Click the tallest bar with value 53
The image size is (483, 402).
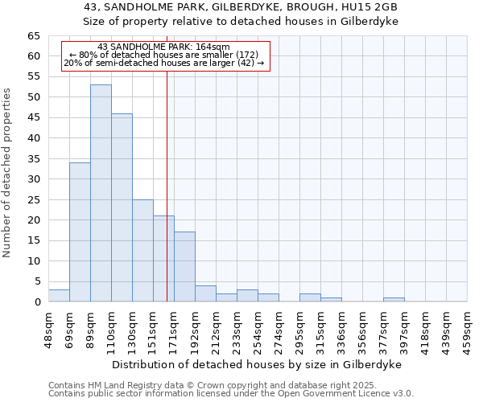coord(101,193)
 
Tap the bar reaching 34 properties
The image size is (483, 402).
coord(80,232)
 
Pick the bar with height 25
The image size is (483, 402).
coord(142,250)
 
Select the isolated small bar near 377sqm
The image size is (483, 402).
coord(394,300)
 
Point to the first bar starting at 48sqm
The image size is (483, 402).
coord(59,295)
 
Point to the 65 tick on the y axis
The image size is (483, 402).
coord(34,36)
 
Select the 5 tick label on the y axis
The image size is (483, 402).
coord(37,281)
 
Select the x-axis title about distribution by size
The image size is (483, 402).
coord(256,364)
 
